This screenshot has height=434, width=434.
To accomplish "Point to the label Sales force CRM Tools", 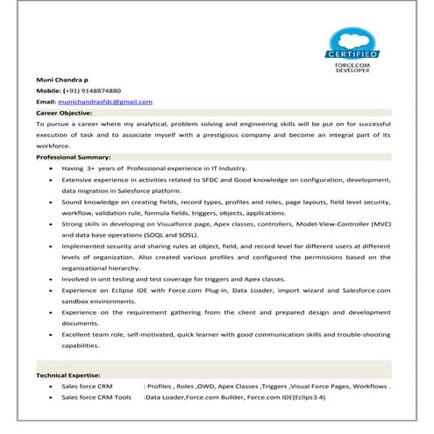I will coord(96,397).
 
